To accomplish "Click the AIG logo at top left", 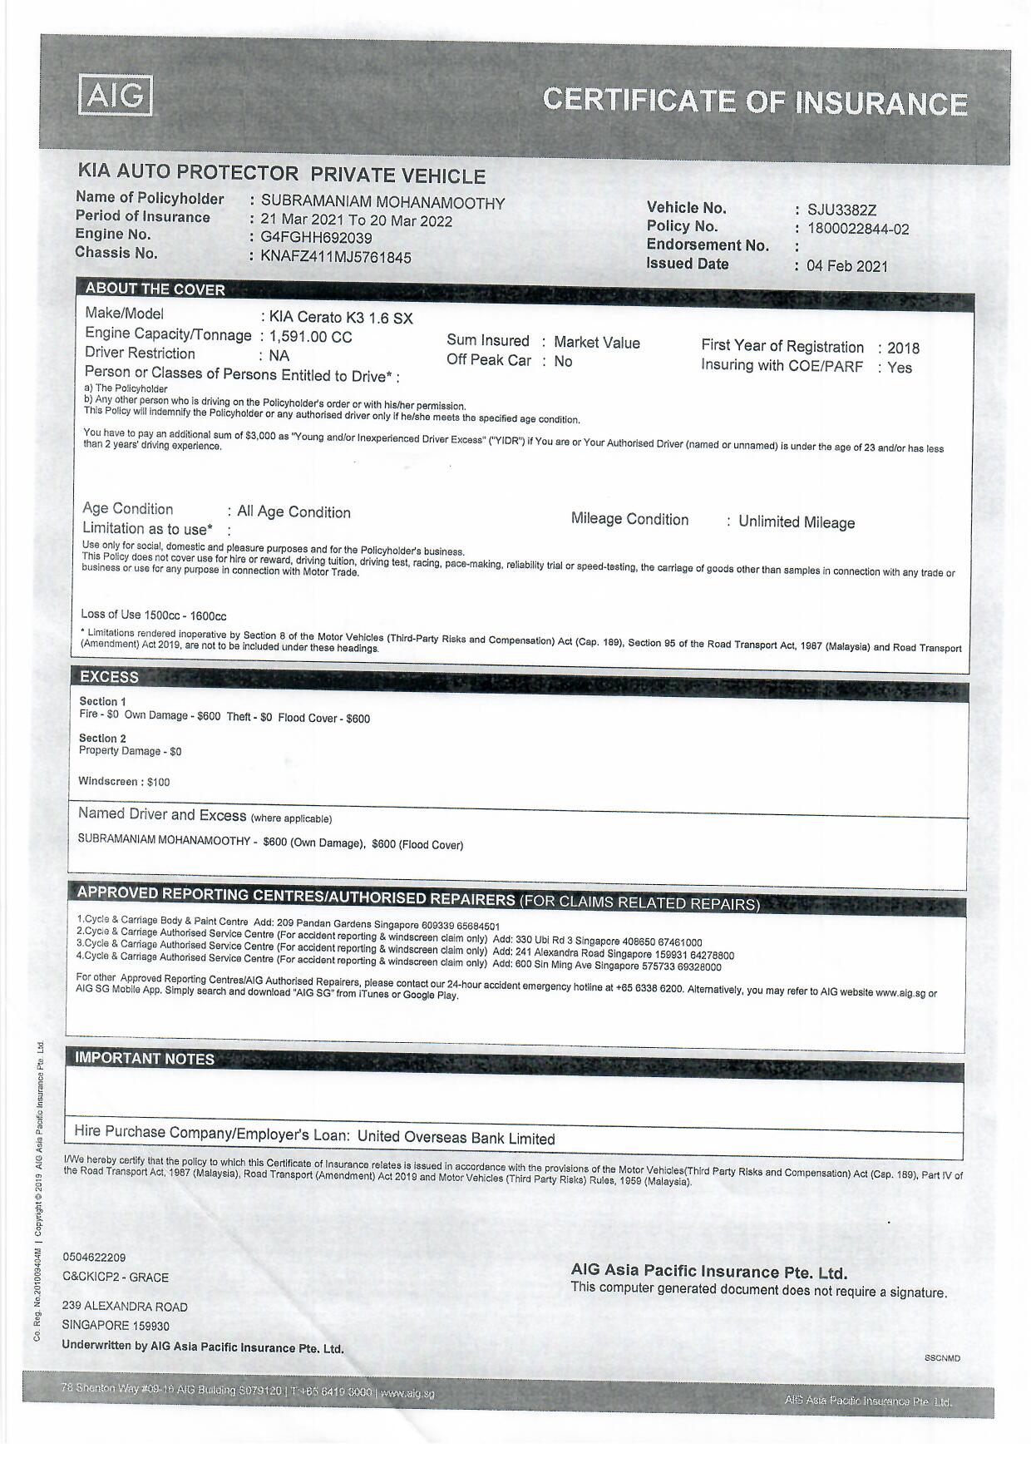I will pos(116,95).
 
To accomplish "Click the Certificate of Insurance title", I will pos(754,101).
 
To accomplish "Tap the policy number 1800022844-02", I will pos(858,229).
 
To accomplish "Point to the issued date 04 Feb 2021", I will pos(846,266).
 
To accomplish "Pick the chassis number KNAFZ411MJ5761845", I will pos(336,257).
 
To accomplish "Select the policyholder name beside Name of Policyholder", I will pos(382,202).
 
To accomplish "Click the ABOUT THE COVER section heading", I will pos(155,289).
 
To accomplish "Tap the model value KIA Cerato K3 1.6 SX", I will pos(340,318).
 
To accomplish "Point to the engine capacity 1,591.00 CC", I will pos(310,337).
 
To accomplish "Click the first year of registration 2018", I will pos(903,348).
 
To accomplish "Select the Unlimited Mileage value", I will pos(797,522).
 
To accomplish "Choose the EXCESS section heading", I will pos(109,677).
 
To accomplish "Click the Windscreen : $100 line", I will pos(124,782).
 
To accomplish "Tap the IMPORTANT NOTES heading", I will pos(145,1059).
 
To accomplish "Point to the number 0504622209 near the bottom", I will pos(94,1257).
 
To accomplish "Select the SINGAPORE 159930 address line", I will pos(116,1325).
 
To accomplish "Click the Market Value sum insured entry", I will pos(596,343).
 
